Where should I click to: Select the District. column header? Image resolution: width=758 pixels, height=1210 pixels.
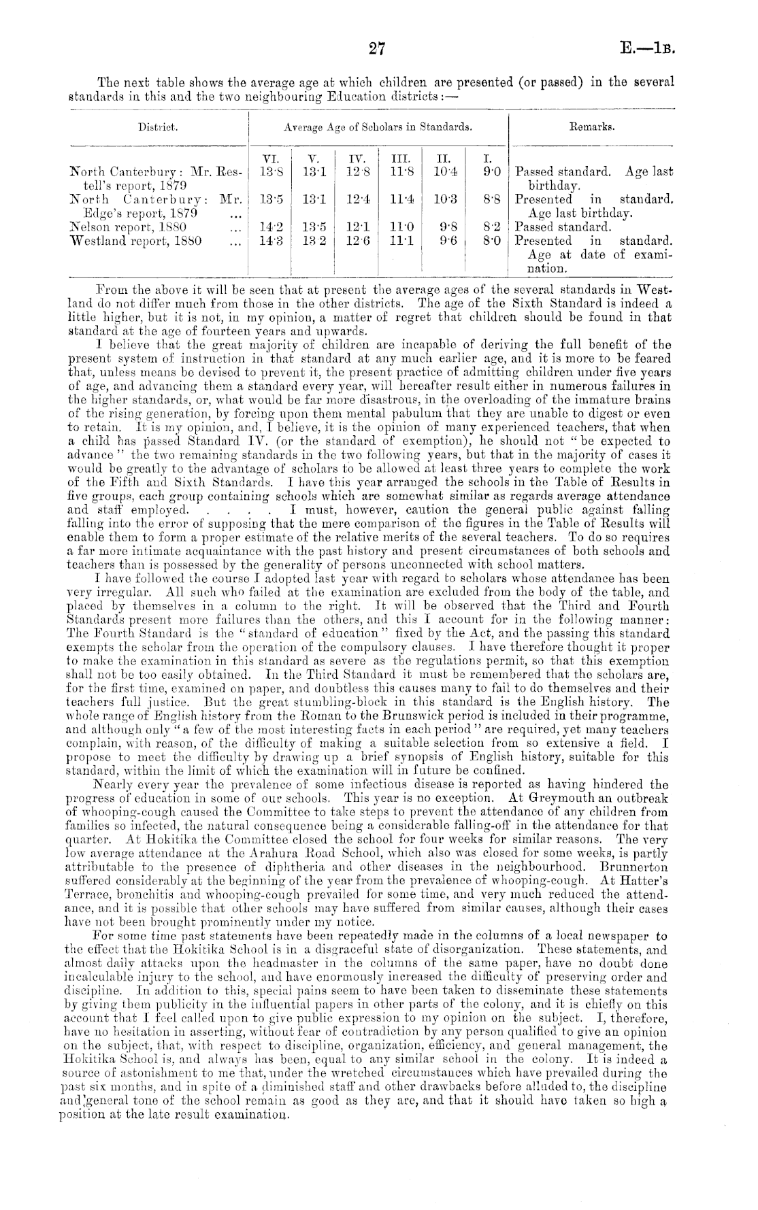pos(158,127)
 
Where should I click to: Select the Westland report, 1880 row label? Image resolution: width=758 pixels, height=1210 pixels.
pos(122,241)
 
